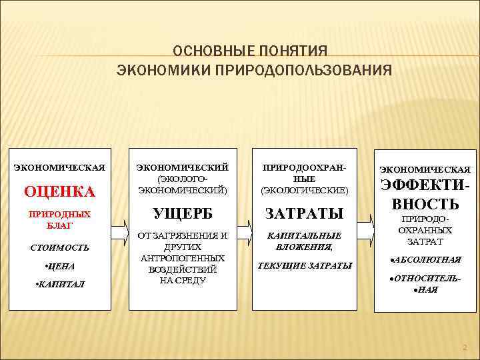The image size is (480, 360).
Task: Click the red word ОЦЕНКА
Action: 59,192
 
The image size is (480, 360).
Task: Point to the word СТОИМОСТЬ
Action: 59,247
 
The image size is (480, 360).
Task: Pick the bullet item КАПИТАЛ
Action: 60,285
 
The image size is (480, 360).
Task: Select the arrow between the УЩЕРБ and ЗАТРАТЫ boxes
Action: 245,227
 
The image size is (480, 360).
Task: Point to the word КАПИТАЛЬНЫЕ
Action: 305,235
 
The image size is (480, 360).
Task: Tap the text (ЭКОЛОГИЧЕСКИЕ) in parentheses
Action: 305,190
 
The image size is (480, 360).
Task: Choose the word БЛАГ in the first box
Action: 59,226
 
